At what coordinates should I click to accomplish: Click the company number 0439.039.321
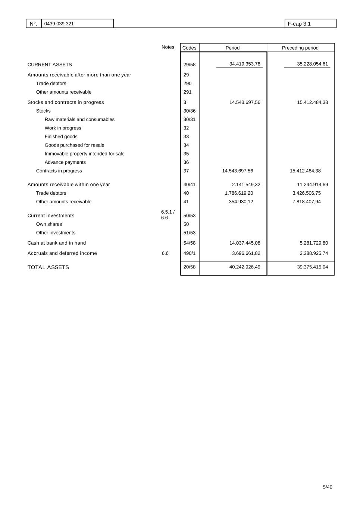tap(59, 24)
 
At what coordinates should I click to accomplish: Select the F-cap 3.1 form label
tap(299, 24)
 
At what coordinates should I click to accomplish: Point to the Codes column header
tap(189, 48)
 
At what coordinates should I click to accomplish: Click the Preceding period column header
tap(300, 48)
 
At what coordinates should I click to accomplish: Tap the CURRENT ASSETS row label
tap(50, 65)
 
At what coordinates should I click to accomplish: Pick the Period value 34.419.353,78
tap(245, 64)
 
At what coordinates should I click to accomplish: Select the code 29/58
tap(189, 65)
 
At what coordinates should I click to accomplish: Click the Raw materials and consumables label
tap(79, 119)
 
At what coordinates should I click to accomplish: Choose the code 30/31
tap(189, 119)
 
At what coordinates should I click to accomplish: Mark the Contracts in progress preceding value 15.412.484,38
tap(305, 171)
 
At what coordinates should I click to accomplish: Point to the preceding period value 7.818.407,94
tap(306, 202)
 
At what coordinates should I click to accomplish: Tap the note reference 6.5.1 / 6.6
tap(168, 215)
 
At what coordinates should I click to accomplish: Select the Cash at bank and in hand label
tap(57, 243)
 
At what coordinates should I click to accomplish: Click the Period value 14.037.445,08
tap(245, 243)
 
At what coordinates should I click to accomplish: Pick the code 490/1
tap(189, 253)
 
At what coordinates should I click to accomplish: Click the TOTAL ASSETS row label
tap(48, 267)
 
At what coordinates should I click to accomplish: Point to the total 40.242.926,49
tap(245, 267)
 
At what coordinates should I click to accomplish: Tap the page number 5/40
tap(327, 487)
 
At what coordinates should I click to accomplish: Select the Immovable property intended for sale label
tap(84, 154)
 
